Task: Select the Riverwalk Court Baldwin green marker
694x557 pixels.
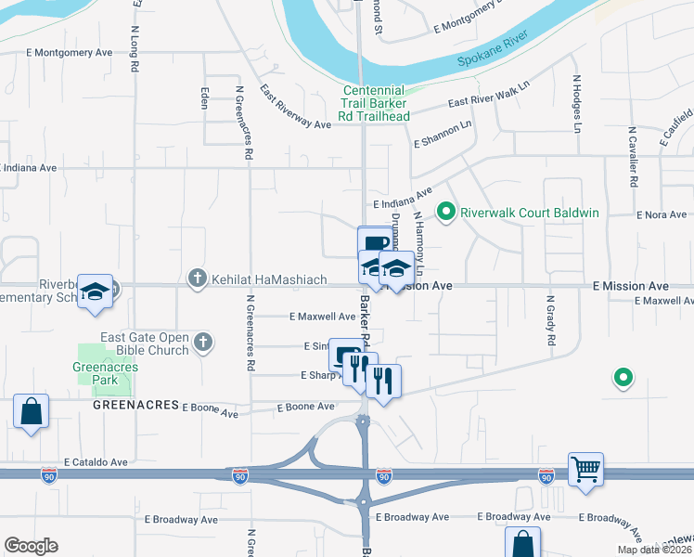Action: click(446, 213)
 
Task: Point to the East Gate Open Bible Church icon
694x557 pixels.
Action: click(203, 344)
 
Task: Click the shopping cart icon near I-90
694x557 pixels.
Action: click(586, 470)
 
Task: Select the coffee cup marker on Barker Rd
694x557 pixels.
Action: click(374, 244)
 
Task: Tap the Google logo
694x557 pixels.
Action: click(32, 545)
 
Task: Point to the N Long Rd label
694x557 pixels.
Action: click(135, 46)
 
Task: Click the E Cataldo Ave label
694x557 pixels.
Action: click(96, 461)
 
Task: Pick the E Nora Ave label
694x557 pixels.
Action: click(662, 214)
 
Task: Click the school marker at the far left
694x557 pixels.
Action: click(94, 292)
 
